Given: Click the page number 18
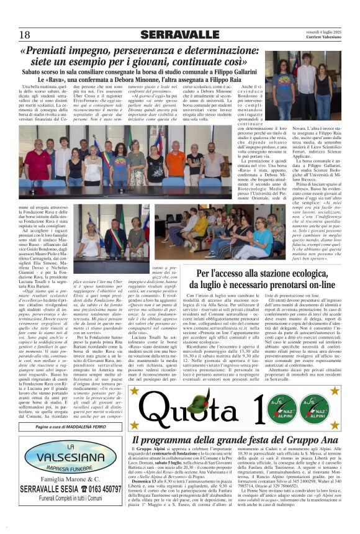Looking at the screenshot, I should (24, 35).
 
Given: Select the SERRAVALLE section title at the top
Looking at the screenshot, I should (179, 35).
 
